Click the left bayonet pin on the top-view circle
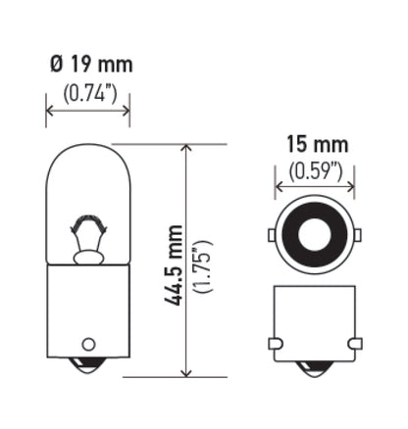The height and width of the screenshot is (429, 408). point(271,235)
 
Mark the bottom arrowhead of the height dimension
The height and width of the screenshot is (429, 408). point(185,373)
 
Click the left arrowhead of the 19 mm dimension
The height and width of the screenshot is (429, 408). point(50,110)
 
